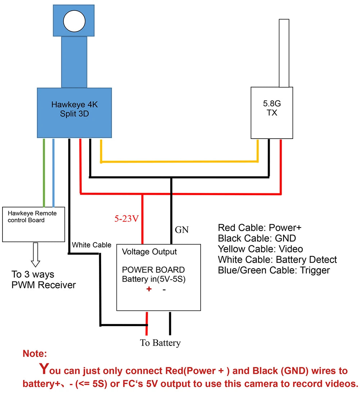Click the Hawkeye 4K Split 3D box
(75, 113)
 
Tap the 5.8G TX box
(272, 112)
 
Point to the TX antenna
(284, 53)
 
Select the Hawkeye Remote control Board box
(33, 224)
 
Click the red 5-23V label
(126, 219)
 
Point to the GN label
(182, 229)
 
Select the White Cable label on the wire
(91, 245)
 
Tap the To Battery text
(160, 343)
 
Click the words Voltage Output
(149, 252)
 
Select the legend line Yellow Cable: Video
(260, 249)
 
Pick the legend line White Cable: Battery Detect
(277, 260)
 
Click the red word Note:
(35, 354)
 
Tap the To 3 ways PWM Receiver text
(44, 280)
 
